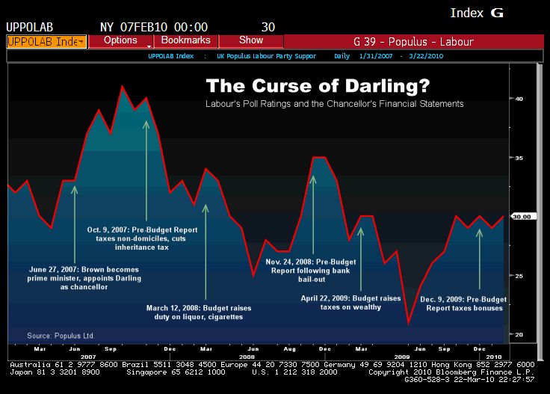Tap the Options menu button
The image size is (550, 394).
pos(120,40)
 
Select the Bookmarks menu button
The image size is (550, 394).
pos(185,40)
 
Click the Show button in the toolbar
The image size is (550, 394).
pos(251,40)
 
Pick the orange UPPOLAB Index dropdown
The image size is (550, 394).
pos(46,41)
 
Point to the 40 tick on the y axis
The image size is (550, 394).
pos(518,99)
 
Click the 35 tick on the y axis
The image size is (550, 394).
pos(518,158)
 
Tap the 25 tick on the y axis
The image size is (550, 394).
pos(518,276)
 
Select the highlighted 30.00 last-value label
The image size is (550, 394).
pos(521,217)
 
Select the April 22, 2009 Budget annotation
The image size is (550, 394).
pos(361,303)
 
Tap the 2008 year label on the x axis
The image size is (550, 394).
pos(246,357)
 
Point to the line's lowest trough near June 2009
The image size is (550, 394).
pos(409,323)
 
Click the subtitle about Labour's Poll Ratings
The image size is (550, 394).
pos(334,103)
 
